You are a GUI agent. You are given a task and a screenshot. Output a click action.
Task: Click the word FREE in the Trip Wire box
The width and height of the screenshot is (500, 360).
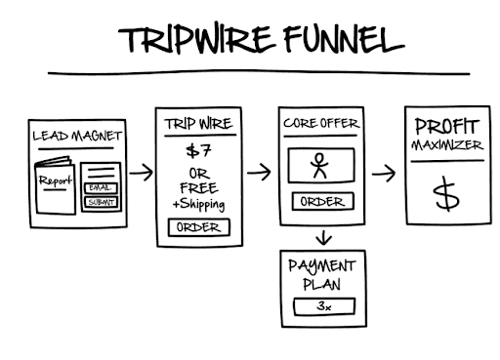(x=198, y=187)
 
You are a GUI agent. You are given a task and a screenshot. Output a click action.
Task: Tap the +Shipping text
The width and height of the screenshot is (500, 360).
(x=198, y=204)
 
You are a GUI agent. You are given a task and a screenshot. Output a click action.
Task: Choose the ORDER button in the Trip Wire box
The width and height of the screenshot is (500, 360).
(x=198, y=227)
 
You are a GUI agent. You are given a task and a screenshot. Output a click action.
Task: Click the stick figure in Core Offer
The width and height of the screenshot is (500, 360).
(x=320, y=165)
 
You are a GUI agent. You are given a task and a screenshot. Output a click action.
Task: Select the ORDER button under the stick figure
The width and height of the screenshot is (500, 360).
(x=320, y=202)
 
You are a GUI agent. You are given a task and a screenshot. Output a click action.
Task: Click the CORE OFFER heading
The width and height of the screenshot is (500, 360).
(x=320, y=125)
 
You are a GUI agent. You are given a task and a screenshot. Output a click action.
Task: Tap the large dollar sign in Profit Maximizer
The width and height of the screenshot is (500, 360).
(x=446, y=195)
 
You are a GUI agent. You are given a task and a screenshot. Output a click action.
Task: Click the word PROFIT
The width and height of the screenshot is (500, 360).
(x=446, y=128)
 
